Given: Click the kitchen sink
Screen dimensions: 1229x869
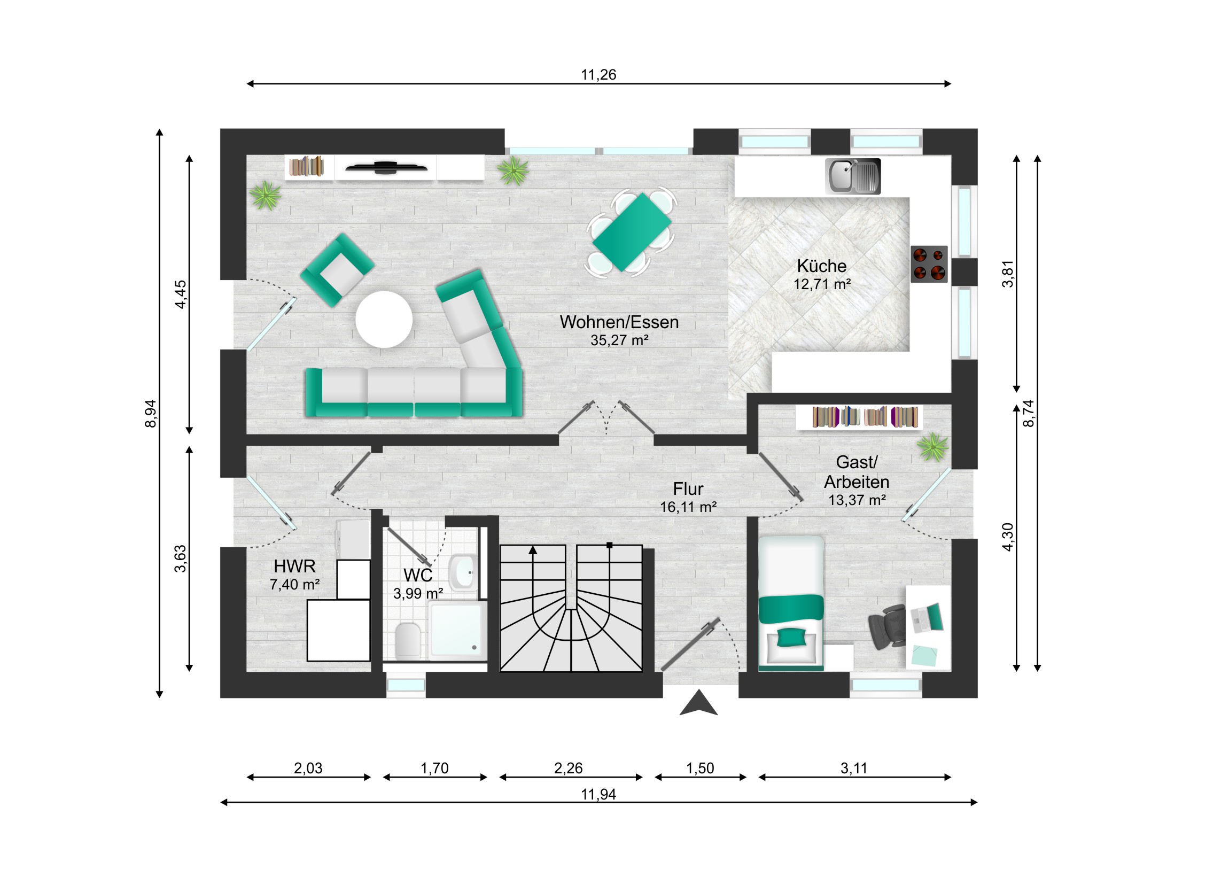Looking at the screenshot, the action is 853,176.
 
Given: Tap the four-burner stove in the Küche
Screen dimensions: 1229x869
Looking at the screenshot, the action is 929,264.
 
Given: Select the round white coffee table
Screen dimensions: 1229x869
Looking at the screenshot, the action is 384,319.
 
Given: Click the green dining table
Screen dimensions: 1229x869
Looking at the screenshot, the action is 632,232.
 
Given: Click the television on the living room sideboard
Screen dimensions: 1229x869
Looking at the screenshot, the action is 386,167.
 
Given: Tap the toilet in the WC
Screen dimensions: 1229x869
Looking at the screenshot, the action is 408,640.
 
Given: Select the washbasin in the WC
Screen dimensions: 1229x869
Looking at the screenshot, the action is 464,572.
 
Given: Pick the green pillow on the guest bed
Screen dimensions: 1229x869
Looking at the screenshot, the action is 791,638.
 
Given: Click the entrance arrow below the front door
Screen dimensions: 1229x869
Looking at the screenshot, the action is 698,702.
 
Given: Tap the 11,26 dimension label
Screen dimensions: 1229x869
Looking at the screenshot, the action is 598,74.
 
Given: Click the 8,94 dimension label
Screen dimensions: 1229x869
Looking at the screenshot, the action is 151,413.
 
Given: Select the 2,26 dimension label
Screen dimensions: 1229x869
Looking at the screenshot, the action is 568,769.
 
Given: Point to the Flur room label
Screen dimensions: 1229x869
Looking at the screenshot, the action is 688,489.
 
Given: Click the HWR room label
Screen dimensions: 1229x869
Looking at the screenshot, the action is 294,566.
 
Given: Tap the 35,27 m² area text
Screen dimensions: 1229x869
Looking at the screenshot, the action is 619,340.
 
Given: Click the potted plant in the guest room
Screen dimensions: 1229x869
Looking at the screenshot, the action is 932,447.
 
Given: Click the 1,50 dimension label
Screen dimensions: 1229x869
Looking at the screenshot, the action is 700,769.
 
